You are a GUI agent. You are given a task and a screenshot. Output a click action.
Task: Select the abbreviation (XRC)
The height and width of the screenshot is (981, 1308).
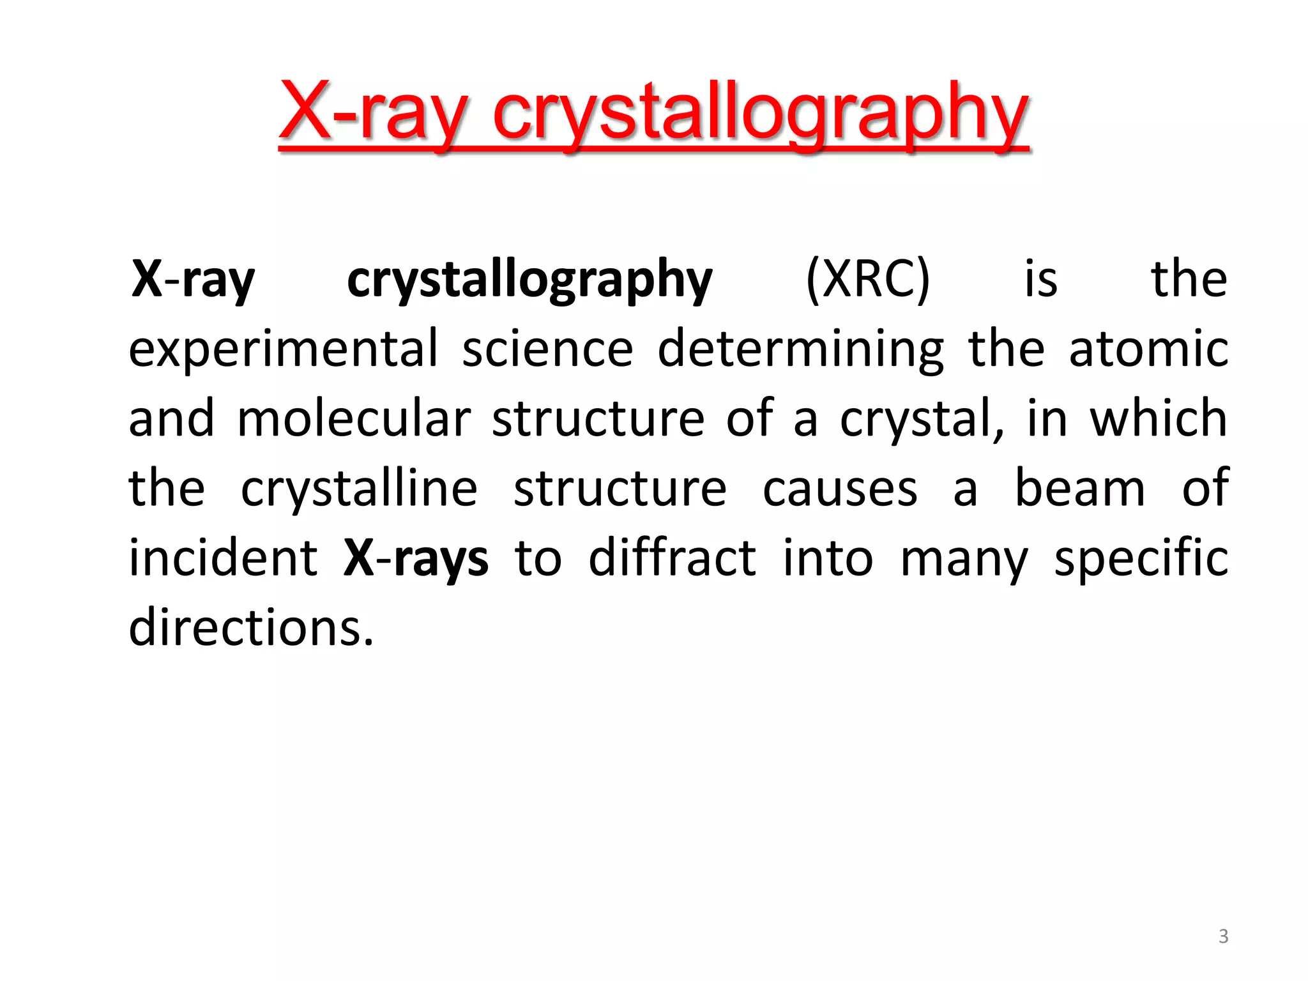click(x=867, y=280)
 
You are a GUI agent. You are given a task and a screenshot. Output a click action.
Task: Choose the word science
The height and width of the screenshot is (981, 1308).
click(x=547, y=349)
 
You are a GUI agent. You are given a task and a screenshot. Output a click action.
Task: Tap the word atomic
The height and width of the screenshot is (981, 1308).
click(x=1148, y=349)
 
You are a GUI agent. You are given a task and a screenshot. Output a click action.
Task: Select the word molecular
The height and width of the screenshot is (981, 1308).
click(x=353, y=419)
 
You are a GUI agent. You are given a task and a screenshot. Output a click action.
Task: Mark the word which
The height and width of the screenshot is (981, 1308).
click(x=1158, y=418)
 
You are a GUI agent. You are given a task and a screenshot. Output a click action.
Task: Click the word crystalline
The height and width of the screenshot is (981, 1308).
click(x=359, y=489)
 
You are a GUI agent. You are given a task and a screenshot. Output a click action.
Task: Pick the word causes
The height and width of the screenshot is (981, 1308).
click(x=840, y=489)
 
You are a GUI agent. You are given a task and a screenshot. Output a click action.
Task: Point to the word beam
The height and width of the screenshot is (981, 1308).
click(x=1080, y=488)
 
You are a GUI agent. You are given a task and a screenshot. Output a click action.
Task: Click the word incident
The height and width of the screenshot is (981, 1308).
click(x=223, y=558)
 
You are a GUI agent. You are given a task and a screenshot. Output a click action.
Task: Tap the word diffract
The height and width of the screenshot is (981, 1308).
click(x=672, y=558)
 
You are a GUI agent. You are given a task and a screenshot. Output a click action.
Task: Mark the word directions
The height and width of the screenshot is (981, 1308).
click(x=251, y=628)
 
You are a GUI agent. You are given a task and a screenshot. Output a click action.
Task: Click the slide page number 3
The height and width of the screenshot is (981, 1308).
click(x=1223, y=936)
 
